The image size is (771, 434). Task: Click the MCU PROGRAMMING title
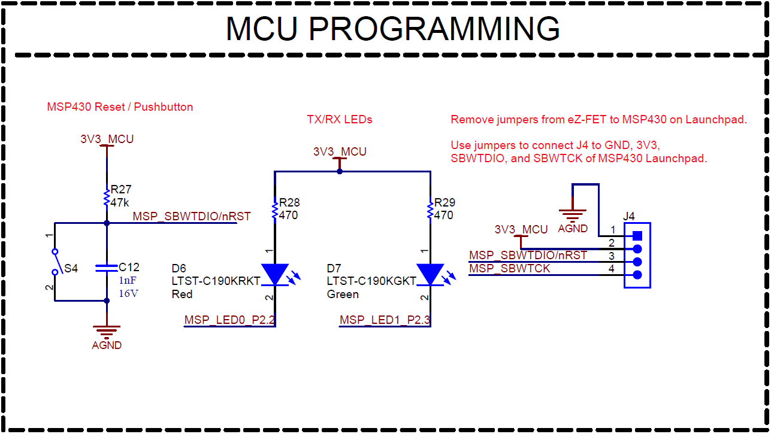point(392,28)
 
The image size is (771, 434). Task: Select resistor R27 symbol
point(107,196)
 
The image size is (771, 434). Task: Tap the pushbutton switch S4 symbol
point(55,262)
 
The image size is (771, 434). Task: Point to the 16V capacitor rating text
point(128,293)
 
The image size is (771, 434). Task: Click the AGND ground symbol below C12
point(107,330)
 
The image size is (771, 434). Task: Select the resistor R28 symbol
point(275,210)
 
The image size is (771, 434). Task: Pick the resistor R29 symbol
point(430,210)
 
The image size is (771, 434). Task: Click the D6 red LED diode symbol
point(275,274)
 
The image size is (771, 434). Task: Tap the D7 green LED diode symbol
point(430,274)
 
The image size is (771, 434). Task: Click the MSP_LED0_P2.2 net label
point(229,320)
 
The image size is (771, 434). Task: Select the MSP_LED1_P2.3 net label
point(385,320)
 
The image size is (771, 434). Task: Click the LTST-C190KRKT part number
point(216,281)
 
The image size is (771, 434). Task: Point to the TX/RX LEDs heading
point(340,120)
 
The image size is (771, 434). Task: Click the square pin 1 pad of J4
point(637,235)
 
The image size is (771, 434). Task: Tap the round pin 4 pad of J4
point(637,275)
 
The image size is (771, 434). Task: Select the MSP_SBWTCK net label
point(509,269)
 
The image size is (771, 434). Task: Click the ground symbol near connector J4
point(573,214)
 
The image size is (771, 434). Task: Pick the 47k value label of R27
point(120,203)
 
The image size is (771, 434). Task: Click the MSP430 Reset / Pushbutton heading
point(120,107)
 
